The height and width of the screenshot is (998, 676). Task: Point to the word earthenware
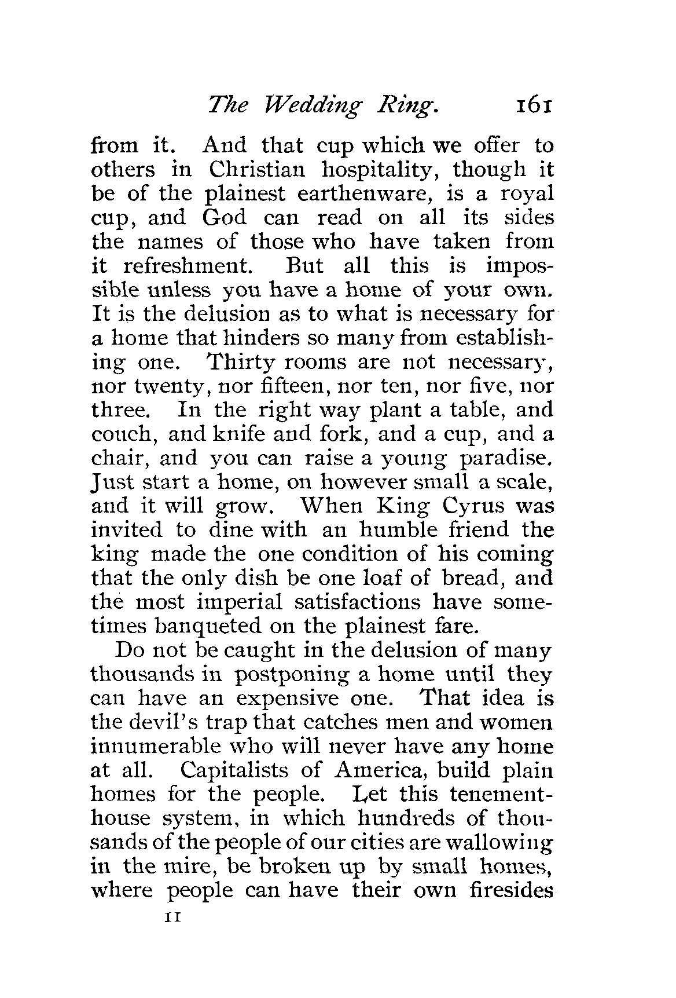click(x=325, y=193)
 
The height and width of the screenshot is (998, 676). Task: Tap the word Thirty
click(x=246, y=362)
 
